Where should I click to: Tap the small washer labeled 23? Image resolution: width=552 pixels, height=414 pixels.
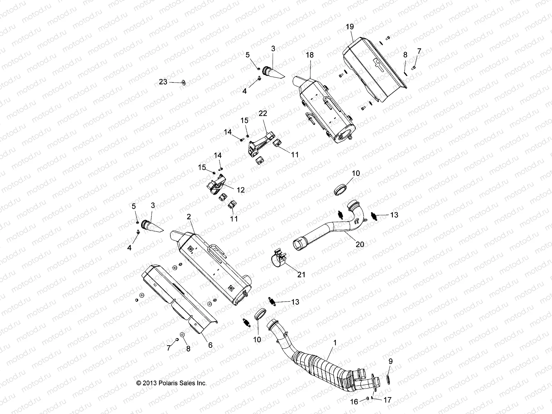183,82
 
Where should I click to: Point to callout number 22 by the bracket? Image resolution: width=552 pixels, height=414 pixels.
263,113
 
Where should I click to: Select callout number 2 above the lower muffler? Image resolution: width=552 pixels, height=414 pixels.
189,216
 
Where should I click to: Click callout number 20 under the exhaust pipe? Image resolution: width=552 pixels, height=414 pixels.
360,244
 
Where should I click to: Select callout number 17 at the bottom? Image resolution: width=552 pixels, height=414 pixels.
387,400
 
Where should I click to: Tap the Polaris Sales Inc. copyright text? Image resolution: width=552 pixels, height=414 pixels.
171,383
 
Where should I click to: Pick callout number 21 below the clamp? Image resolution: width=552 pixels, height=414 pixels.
301,275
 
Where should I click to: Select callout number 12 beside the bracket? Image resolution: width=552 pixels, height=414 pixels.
240,189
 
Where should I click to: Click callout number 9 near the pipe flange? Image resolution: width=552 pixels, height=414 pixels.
390,362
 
